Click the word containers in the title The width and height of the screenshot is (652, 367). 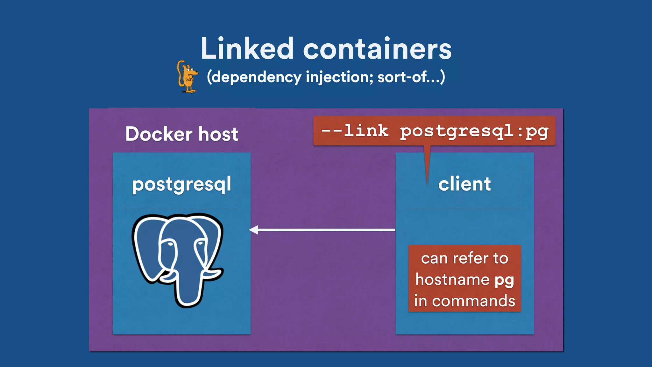click(377, 49)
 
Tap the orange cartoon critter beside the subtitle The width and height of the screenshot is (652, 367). click(187, 77)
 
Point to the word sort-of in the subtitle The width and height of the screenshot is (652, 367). click(403, 77)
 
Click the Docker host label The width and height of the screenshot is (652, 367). click(181, 134)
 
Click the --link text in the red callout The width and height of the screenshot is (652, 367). click(355, 130)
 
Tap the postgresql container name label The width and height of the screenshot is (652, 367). click(181, 184)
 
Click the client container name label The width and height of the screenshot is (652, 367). click(464, 184)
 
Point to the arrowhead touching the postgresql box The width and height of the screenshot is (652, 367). click(253, 230)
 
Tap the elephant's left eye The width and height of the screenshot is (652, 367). click(170, 244)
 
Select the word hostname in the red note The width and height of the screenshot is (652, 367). click(452, 280)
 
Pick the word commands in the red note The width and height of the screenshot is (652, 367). click(473, 301)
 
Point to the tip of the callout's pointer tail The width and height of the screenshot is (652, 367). click(427, 184)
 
